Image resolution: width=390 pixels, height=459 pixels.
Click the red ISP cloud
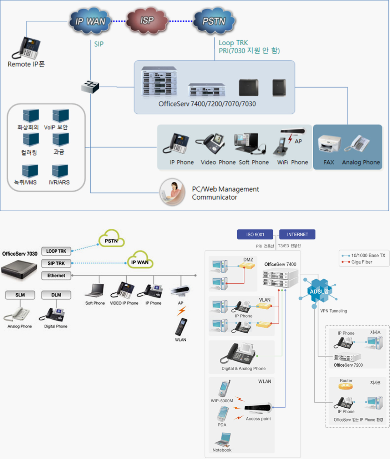click(147, 21)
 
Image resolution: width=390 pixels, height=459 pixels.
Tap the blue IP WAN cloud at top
click(90, 21)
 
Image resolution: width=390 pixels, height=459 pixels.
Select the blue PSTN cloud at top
click(214, 21)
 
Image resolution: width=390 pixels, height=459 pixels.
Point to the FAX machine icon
click(329, 145)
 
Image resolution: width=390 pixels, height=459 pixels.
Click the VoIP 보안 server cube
click(60, 116)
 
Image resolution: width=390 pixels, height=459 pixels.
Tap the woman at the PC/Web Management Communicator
click(172, 192)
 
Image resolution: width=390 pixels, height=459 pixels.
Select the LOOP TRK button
click(56, 251)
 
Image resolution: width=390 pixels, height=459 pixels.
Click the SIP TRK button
click(56, 263)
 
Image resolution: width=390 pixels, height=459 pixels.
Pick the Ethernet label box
click(56, 275)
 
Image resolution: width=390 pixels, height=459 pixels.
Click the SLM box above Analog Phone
click(20, 295)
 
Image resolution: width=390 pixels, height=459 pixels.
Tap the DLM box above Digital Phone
click(56, 295)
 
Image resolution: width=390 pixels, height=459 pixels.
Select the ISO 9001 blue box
click(255, 234)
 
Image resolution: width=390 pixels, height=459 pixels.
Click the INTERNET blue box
click(297, 234)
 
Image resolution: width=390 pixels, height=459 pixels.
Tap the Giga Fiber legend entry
click(361, 262)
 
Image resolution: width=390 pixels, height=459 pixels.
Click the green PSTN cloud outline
click(111, 240)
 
